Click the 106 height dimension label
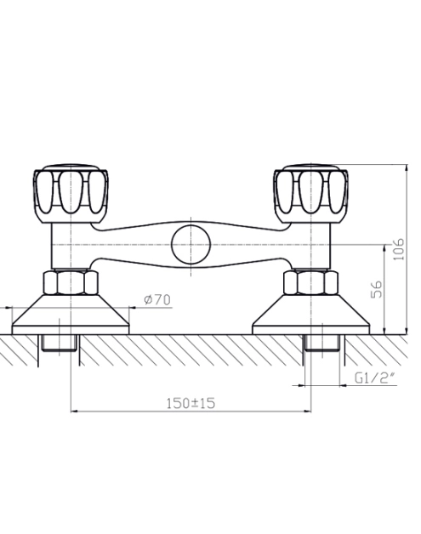coord(399,249)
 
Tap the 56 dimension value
coord(377,289)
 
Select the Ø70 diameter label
coord(157,299)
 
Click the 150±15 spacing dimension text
coord(191,403)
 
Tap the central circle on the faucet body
coord(191,245)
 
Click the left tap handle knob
coord(71,193)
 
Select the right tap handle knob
coord(310,193)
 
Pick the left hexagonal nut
coord(71,282)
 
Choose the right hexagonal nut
coord(310,282)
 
